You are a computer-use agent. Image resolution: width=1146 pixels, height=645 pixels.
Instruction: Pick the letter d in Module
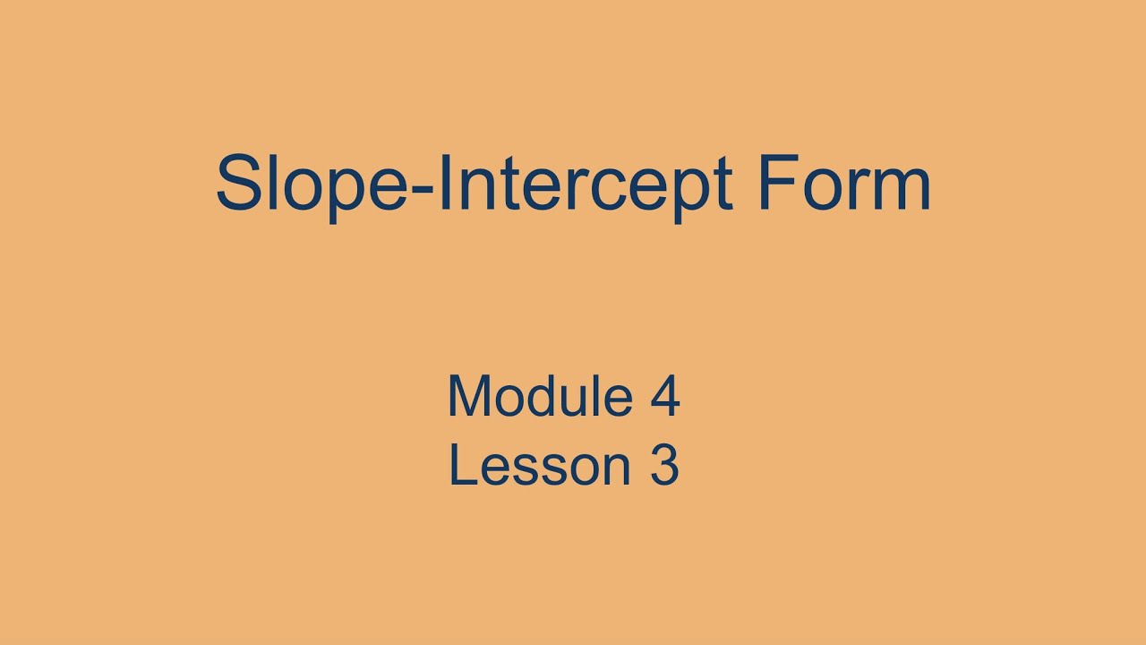(544, 397)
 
